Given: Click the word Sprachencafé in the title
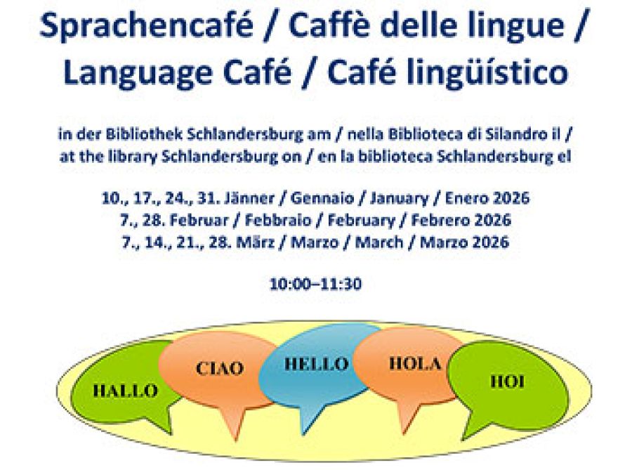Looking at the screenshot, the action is pos(147,25).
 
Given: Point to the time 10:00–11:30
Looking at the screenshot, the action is pos(315,284).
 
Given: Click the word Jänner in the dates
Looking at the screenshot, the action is pos(250,198).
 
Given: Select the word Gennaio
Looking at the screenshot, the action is pos(322,198).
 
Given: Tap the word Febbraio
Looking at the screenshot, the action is pos(278,221).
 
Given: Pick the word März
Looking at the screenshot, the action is pos(256,242).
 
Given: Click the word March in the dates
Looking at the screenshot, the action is pos(379,242).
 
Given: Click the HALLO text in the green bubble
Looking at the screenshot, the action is pos(126,391).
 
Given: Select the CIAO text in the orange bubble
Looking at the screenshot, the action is pos(220,368).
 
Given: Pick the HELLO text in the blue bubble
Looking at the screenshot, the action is pos(317,364).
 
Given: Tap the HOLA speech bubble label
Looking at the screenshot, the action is pos(415,364).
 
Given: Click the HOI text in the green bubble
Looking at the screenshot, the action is pos(508,381).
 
